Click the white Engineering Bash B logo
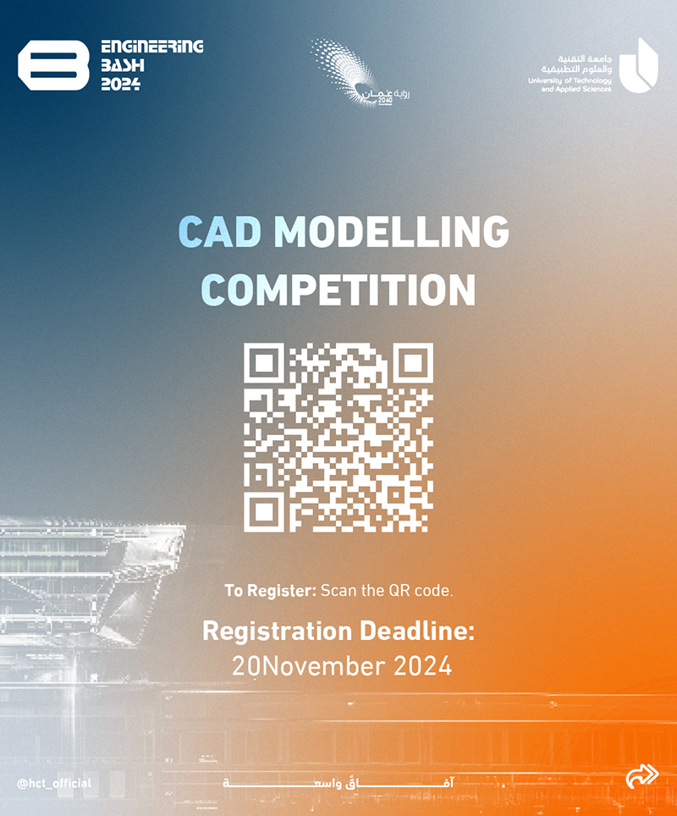[x=53, y=65]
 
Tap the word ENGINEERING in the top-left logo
[x=152, y=47]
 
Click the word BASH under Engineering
[x=123, y=65]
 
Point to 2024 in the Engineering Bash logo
[x=121, y=84]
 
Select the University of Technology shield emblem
[x=638, y=65]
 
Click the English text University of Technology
[x=570, y=80]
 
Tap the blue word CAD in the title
[x=219, y=232]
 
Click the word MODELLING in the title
[x=391, y=232]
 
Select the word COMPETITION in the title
[x=338, y=289]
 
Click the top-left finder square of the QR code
[x=264, y=363]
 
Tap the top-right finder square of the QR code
[x=413, y=363]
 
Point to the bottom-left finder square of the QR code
[x=264, y=512]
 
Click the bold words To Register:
[x=270, y=591]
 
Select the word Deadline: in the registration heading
[x=417, y=631]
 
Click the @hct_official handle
[x=54, y=783]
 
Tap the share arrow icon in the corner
[x=642, y=776]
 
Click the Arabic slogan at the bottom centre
[x=338, y=782]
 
